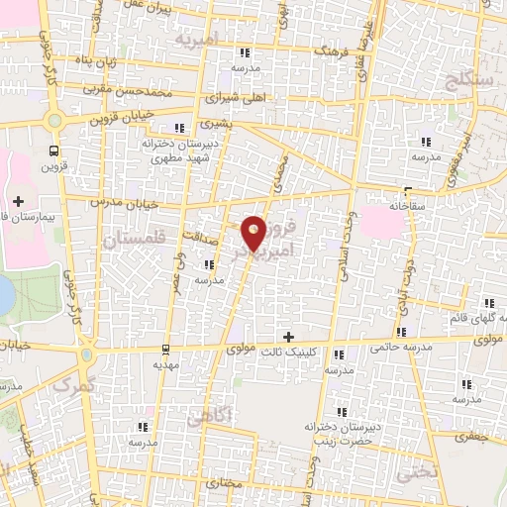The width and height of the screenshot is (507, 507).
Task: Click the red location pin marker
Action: pyautogui.click(x=254, y=233)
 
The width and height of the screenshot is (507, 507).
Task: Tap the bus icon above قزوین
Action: pyautogui.click(x=52, y=151)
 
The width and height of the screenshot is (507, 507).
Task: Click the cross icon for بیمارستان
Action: pyautogui.click(x=18, y=202)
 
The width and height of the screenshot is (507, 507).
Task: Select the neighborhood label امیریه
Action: pyautogui.click(x=195, y=41)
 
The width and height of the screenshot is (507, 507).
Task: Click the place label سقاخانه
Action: pyautogui.click(x=407, y=205)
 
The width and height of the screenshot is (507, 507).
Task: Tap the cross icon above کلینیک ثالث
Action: pyautogui.click(x=288, y=338)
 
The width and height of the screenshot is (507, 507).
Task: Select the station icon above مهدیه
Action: pyautogui.click(x=165, y=347)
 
